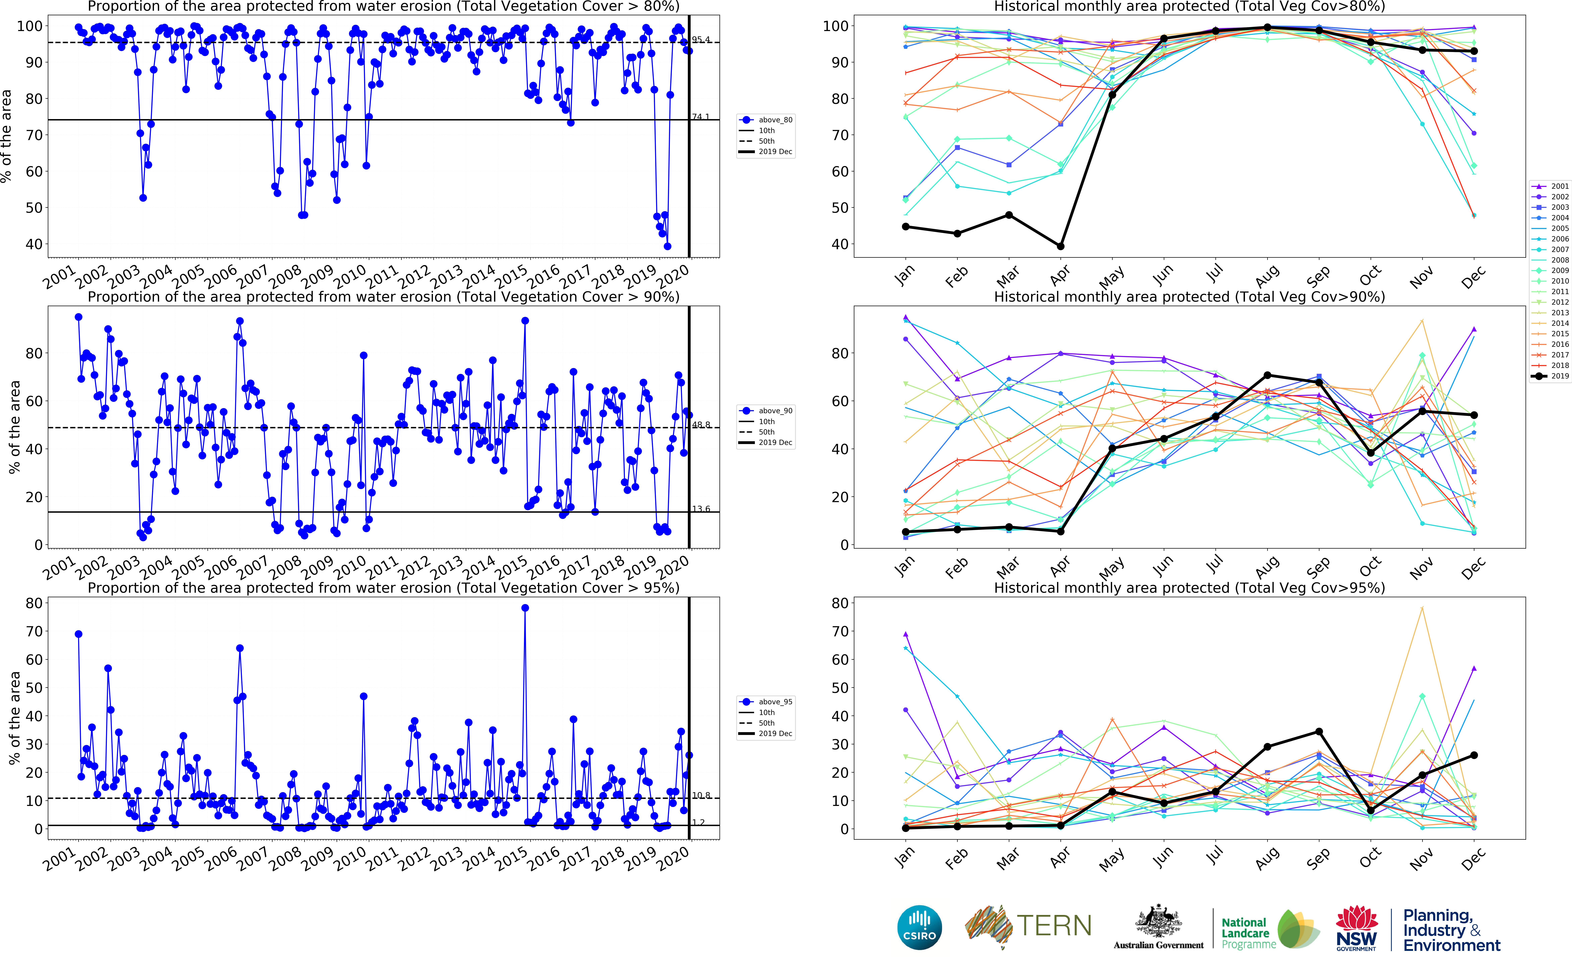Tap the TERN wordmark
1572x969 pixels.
point(1054,926)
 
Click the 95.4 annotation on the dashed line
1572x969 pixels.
point(701,40)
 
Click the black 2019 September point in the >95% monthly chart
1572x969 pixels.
point(1319,732)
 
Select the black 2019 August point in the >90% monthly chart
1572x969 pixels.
point(1267,376)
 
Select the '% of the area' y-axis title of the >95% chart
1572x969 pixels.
point(14,718)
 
